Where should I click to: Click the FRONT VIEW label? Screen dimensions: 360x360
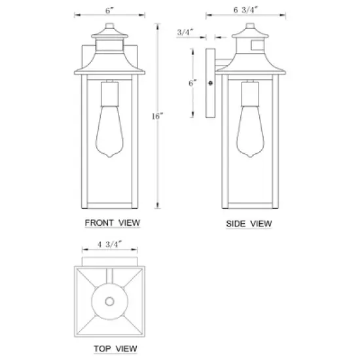[x=113, y=223]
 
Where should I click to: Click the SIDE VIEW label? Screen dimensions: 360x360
[x=249, y=223]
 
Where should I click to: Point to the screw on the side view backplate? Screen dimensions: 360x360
[x=209, y=83]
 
